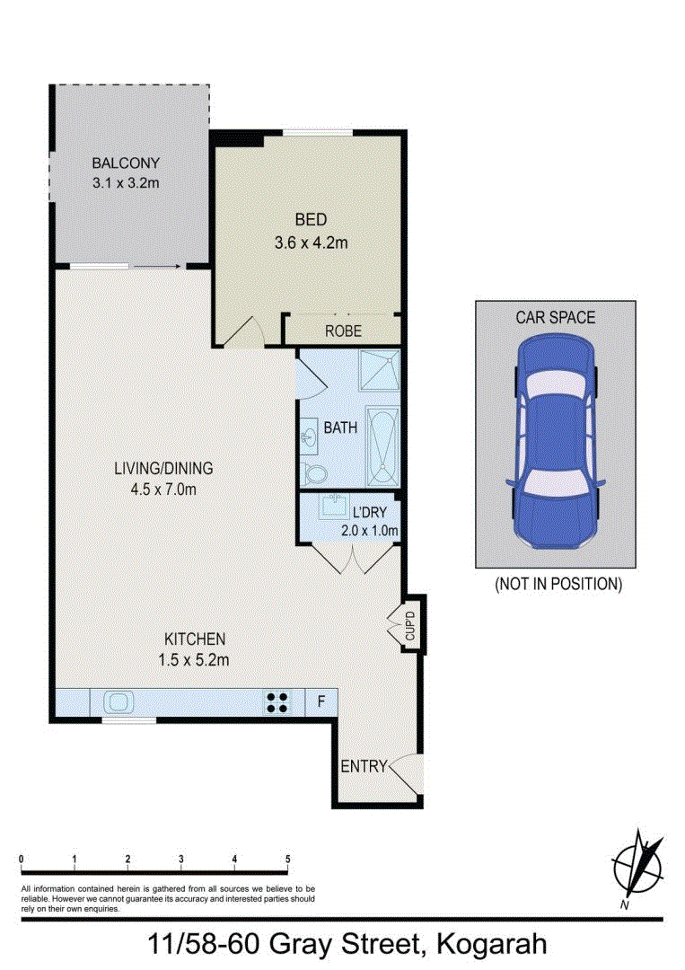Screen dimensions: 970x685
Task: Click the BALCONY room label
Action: pyautogui.click(x=126, y=163)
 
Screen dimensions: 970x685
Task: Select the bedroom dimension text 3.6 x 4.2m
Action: pyautogui.click(x=311, y=242)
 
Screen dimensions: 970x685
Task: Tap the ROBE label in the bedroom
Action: pyautogui.click(x=343, y=331)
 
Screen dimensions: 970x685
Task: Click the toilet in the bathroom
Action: pyautogui.click(x=314, y=473)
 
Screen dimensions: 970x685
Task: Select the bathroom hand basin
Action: pyautogui.click(x=309, y=437)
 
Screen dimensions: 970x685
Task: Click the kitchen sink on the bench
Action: pyautogui.click(x=119, y=701)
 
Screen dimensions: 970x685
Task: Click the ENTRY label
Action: pyautogui.click(x=363, y=766)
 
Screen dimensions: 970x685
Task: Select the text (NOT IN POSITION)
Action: pyautogui.click(x=558, y=583)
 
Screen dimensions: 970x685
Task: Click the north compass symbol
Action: pyautogui.click(x=638, y=867)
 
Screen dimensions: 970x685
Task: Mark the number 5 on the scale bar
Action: pyautogui.click(x=288, y=859)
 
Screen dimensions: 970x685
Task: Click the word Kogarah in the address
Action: pyautogui.click(x=490, y=944)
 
